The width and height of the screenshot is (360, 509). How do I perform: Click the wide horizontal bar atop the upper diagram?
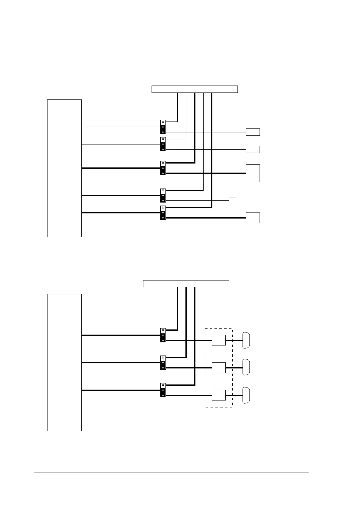194,89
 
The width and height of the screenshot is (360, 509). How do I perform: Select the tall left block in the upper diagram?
64,168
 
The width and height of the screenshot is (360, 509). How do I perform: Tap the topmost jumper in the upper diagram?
163,127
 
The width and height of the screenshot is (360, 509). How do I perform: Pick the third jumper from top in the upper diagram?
163,168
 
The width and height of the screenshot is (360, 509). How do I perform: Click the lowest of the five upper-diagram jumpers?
163,213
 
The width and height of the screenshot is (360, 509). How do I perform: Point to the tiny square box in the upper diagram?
232,200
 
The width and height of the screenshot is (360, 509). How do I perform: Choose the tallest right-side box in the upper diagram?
253,173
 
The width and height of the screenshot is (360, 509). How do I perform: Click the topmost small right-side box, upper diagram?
253,132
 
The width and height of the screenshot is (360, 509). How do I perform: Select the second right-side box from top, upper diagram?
253,149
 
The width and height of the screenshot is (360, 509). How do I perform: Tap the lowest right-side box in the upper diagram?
253,218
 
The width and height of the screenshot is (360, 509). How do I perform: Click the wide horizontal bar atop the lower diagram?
186,284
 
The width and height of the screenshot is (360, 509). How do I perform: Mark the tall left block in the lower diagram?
64,362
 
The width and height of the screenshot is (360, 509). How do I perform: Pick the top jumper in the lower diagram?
163,335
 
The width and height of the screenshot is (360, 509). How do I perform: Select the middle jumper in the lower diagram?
163,363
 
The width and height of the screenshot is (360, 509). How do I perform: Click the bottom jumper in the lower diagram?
163,390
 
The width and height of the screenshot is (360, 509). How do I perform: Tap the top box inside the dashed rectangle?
218,340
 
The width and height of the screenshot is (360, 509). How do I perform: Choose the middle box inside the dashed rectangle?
218,368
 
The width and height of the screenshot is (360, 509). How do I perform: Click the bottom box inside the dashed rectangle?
218,395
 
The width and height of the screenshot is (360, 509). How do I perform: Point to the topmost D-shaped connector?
246,340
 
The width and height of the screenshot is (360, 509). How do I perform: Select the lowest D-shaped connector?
246,395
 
